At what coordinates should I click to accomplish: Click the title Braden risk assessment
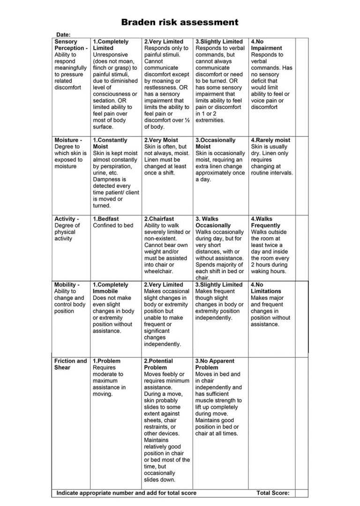180,22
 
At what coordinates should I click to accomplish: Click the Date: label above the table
63,35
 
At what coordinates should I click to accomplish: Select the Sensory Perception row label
71,45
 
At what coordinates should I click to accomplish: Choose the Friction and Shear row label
70,364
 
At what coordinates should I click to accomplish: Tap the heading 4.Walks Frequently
265,222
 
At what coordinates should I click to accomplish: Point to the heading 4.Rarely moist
270,140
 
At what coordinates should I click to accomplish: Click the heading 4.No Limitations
265,288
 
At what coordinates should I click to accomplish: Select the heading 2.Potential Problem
158,364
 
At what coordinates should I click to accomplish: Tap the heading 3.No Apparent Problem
215,364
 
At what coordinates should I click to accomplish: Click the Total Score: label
273,493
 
